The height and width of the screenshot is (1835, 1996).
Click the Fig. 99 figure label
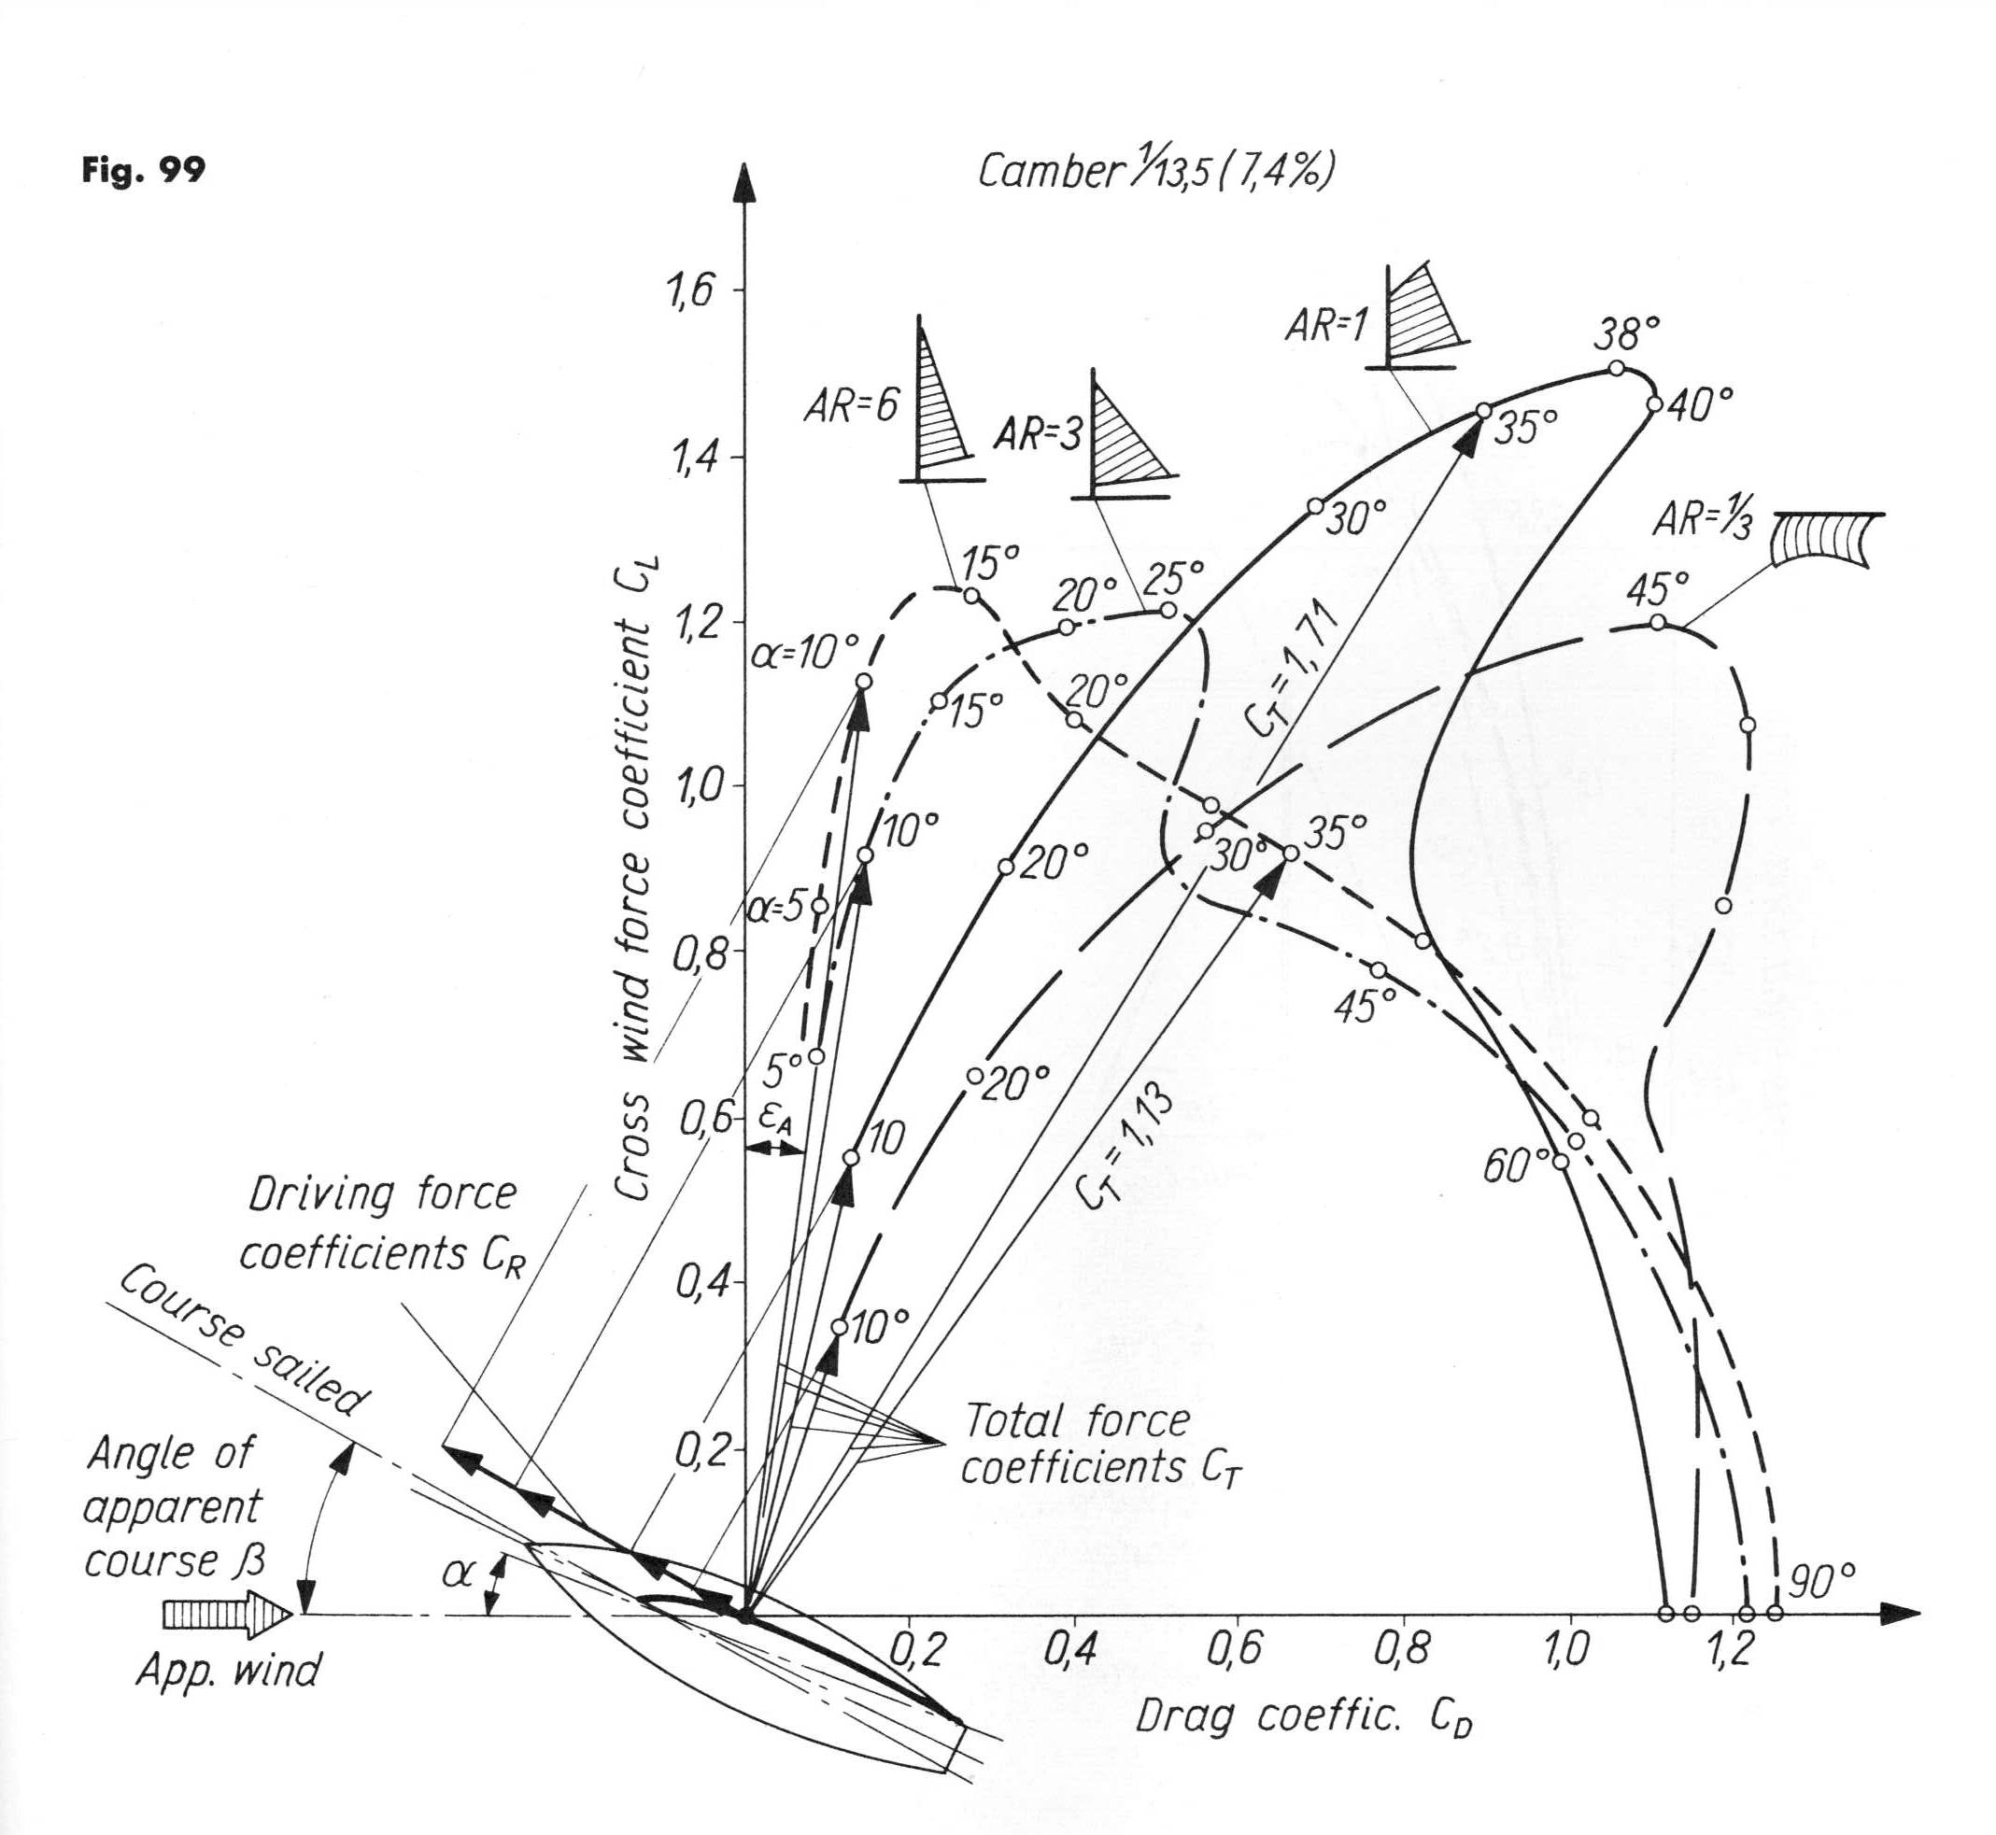click(x=144, y=172)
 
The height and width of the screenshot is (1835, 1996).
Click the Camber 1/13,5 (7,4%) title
click(x=1154, y=171)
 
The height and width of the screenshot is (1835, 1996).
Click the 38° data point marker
click(x=1617, y=368)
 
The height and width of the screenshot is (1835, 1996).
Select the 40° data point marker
click(x=1653, y=404)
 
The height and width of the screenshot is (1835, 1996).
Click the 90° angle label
click(x=1822, y=1583)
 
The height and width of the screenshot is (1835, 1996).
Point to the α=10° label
click(x=804, y=656)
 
